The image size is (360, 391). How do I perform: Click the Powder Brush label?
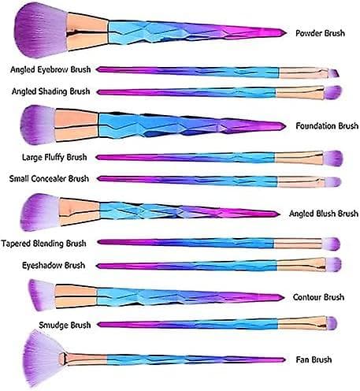(320, 33)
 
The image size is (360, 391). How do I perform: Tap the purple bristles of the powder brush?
(41, 30)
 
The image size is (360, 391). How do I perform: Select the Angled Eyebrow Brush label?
(50, 69)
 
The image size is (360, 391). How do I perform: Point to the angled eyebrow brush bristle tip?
(334, 73)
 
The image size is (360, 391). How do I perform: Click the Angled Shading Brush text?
(50, 91)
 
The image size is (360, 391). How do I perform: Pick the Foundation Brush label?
(327, 126)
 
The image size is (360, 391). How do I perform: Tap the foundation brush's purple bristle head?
(38, 125)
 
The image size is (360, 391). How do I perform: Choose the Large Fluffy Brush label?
(54, 158)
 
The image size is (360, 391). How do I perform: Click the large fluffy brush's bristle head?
(332, 158)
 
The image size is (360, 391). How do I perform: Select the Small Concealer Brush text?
(49, 179)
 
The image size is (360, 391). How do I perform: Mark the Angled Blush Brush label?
(324, 214)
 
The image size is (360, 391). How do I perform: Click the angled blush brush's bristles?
(40, 212)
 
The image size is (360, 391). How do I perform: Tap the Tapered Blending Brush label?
(43, 244)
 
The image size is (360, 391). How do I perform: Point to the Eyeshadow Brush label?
(54, 266)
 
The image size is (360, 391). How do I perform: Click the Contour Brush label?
(318, 297)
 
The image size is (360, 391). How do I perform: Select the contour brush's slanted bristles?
(42, 295)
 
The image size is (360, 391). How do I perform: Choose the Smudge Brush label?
(65, 326)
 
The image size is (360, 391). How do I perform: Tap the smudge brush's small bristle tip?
(332, 323)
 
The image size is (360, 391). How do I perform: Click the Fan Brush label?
(314, 359)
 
